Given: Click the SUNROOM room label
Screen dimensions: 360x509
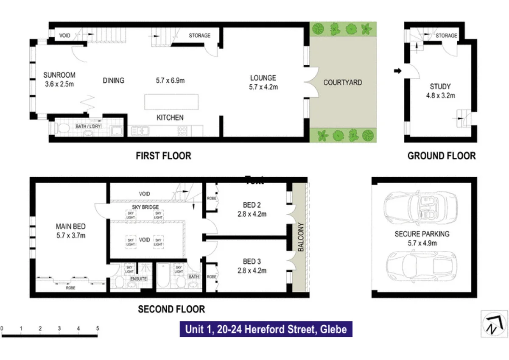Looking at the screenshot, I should click(59, 75).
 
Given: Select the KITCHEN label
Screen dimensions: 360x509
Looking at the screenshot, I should click(170, 117).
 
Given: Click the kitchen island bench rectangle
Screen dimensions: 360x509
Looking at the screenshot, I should click(171, 102).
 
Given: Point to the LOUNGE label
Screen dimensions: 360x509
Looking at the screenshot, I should click(263, 78).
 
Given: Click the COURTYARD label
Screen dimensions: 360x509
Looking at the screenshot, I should click(343, 82).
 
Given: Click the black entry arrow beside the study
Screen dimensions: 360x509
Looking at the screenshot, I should click(397, 71).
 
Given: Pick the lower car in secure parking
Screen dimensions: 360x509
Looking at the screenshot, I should click(422, 266).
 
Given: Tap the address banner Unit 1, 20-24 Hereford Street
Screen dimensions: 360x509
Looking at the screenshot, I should click(266, 329).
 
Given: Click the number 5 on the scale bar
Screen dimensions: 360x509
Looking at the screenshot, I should click(98, 328).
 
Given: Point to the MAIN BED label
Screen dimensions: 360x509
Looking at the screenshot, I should click(71, 226).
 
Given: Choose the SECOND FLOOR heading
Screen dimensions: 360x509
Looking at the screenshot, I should click(171, 309).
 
